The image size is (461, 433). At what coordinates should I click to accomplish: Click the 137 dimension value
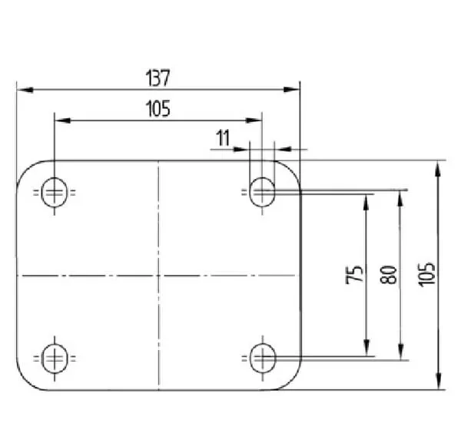(158, 78)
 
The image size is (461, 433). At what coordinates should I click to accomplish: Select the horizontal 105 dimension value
(158, 109)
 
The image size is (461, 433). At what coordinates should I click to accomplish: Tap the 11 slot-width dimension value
(223, 138)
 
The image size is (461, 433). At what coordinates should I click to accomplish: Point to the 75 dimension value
(354, 275)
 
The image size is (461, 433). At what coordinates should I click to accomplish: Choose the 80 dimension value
(388, 275)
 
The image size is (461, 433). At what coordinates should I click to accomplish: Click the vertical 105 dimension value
(426, 275)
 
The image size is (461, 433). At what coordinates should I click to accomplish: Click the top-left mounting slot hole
(55, 193)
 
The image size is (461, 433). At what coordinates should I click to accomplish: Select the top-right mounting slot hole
(262, 192)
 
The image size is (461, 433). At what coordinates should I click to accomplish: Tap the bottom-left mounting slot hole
(55, 359)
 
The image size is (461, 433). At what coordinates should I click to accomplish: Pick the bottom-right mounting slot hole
(263, 358)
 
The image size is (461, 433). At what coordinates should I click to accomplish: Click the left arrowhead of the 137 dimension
(25, 90)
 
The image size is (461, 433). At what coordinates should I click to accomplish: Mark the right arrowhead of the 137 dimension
(292, 90)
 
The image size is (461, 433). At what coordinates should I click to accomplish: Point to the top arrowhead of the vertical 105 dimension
(438, 169)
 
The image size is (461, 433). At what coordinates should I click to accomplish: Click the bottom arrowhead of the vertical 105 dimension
(439, 382)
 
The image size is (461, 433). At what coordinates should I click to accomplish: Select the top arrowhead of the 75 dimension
(366, 202)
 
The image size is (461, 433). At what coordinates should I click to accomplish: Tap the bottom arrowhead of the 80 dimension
(400, 352)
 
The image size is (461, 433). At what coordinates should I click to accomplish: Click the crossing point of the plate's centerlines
(158, 276)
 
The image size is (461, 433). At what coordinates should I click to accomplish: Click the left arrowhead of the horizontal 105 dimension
(63, 121)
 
